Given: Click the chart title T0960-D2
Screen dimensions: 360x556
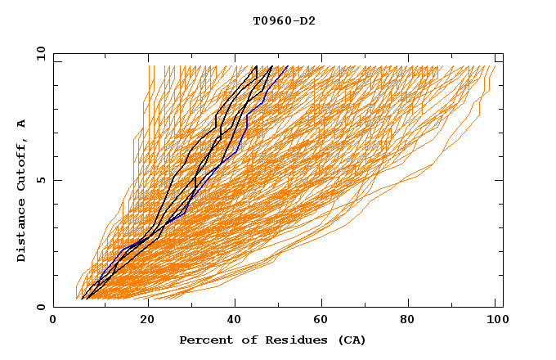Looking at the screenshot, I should (x=284, y=21).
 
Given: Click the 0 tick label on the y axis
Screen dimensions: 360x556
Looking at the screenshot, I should (x=40, y=307).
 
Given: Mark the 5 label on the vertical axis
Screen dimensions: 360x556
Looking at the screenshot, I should (x=40, y=180).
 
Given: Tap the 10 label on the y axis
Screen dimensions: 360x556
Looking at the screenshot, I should (x=38, y=53).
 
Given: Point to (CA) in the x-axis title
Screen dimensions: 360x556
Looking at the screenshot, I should (x=352, y=340).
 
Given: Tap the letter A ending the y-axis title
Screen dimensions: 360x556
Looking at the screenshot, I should (x=21, y=124).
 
